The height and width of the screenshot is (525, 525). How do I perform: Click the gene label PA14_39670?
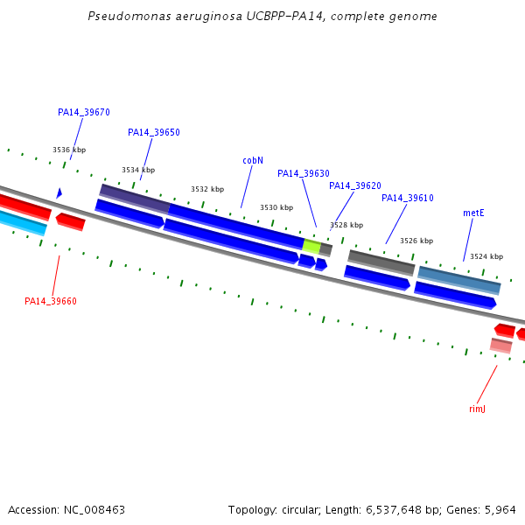(x=84, y=112)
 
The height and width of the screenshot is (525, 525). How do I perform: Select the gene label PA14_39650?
(x=154, y=132)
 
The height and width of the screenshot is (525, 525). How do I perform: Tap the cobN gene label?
(x=253, y=160)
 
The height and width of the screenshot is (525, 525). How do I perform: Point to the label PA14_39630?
(x=304, y=173)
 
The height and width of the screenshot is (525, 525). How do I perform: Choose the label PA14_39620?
(x=355, y=185)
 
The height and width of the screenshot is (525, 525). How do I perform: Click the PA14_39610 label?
(x=408, y=198)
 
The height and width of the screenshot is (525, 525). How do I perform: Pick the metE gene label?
(x=473, y=213)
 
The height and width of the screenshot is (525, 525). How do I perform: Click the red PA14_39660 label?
(x=51, y=301)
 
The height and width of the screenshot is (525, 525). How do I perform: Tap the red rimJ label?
(x=477, y=409)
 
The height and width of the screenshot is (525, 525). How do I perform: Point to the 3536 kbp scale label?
(x=69, y=150)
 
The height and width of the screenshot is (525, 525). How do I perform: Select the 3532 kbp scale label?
(x=207, y=189)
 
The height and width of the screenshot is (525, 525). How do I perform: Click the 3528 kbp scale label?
(x=346, y=225)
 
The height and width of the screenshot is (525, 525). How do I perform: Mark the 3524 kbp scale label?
(x=486, y=256)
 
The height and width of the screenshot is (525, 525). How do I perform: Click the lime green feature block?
(x=311, y=246)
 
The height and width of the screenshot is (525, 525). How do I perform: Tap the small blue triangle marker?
(x=59, y=193)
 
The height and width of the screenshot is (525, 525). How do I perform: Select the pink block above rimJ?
(x=500, y=346)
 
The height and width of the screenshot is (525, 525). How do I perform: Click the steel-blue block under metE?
(x=459, y=281)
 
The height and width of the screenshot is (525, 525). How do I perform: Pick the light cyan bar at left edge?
(x=23, y=222)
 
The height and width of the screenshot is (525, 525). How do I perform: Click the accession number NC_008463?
(x=94, y=510)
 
